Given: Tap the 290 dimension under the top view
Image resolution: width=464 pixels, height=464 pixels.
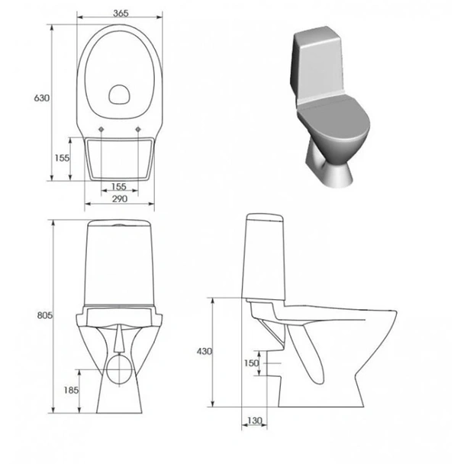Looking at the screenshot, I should click(x=118, y=198).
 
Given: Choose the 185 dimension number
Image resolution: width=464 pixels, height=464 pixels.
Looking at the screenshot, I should click(x=69, y=391).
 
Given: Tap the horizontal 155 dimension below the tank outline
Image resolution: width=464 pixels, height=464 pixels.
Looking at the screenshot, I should click(x=118, y=186).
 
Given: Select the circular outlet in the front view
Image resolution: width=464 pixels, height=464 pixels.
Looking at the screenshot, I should click(x=119, y=369).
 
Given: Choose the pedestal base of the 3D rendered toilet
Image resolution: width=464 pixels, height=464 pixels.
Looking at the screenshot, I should click(x=331, y=169).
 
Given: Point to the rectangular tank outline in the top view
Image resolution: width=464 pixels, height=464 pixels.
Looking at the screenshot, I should click(x=119, y=159).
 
